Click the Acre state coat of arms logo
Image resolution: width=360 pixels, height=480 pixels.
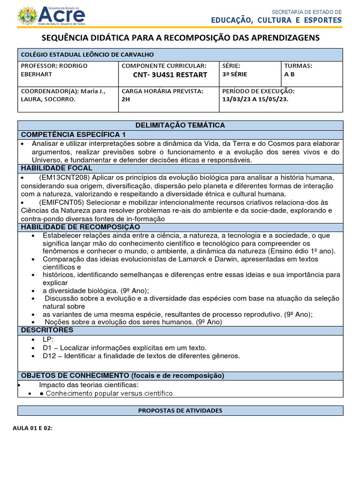[x=27, y=16]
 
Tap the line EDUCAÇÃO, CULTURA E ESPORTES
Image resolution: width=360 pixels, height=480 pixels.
[x=276, y=20]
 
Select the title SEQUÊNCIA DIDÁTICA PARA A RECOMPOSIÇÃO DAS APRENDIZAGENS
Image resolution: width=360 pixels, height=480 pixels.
[x=180, y=37]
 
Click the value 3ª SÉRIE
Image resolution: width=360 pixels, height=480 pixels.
[x=235, y=74]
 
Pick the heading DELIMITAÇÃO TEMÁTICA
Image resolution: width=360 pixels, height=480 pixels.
[x=180, y=125]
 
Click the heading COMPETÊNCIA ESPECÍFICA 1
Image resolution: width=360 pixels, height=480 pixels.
[x=73, y=134]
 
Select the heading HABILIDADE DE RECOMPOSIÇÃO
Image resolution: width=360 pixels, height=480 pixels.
[x=80, y=227]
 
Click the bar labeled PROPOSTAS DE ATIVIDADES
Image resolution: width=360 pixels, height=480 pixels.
[x=180, y=410]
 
